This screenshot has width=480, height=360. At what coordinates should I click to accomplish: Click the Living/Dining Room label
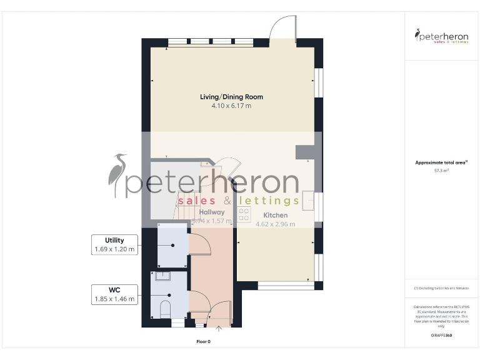[231, 97]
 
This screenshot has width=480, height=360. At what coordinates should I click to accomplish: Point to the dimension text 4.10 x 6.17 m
[231, 106]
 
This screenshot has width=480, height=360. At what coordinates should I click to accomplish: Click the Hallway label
[212, 212]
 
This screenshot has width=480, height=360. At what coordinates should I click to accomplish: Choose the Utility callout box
[114, 244]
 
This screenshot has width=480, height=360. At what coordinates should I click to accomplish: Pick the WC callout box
[114, 294]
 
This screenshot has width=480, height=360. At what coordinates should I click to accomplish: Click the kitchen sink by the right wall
[309, 201]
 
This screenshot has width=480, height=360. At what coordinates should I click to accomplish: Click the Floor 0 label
[204, 342]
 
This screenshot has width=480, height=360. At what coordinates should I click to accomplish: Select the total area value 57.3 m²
[442, 170]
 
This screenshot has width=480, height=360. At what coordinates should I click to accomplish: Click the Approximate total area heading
[441, 162]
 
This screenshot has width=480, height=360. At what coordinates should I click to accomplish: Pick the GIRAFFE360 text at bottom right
[441, 336]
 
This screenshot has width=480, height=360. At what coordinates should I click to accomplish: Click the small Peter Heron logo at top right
[442, 36]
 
